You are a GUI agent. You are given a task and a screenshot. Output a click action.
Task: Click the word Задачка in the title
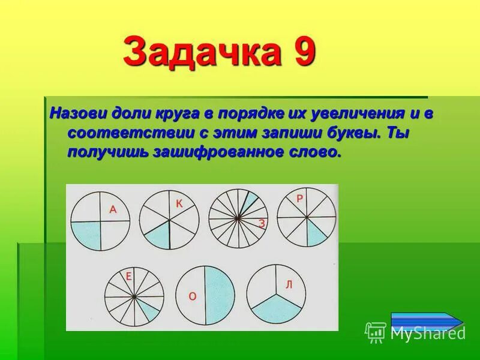(x=202, y=52)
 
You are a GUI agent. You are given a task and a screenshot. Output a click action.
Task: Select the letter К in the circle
(x=178, y=204)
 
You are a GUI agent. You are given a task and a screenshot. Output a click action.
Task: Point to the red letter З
(x=262, y=224)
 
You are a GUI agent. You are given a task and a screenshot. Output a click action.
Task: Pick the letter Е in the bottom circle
(x=128, y=277)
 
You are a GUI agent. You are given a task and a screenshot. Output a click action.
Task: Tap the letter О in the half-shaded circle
(x=192, y=296)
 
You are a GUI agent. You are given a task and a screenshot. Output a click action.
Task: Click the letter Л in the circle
(x=288, y=284)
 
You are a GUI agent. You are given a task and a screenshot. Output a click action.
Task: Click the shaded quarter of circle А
(x=87, y=234)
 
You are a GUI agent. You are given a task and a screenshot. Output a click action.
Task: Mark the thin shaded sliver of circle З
(x=250, y=202)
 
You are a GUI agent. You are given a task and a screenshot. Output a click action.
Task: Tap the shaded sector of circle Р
(x=316, y=230)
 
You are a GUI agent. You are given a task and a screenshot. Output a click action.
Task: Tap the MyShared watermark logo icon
(x=375, y=332)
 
